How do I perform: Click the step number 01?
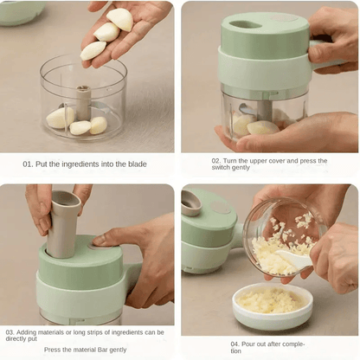coord(28,164)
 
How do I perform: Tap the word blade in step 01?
coord(138,164)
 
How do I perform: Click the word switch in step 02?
coord(221,168)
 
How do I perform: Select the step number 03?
coord(10,332)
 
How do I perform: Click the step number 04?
coord(235,344)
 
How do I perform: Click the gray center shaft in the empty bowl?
coord(83,102)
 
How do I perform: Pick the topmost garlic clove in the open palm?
coord(120,19)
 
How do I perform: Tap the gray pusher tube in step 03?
coord(62,223)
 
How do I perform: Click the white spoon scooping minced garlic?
coord(293,258)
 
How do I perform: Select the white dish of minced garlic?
coord(273,306)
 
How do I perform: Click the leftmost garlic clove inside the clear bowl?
coord(61,118)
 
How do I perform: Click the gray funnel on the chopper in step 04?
coord(191,203)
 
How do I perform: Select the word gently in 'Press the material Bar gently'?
coord(119,350)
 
